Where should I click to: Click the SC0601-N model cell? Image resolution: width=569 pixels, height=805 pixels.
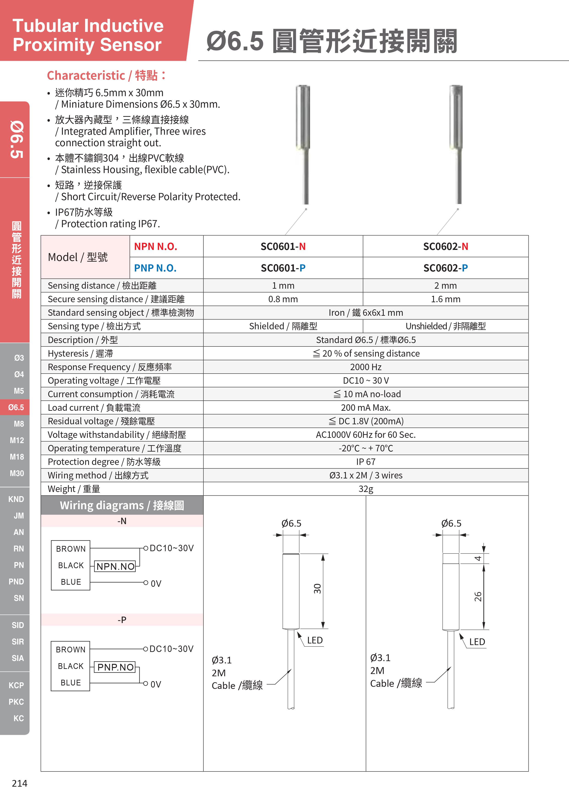point(283,246)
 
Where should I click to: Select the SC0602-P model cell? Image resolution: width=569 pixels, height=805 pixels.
point(445,268)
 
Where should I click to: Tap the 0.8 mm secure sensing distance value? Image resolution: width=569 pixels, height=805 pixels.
point(283,299)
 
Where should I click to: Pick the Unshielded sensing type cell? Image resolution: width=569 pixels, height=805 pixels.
point(445,326)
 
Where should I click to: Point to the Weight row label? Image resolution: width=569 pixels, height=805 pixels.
point(74,489)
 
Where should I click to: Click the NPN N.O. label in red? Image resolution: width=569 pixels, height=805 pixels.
point(155,246)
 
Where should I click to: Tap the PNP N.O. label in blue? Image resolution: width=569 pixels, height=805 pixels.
point(155,268)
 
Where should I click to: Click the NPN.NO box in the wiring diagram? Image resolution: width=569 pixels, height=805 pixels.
point(115,566)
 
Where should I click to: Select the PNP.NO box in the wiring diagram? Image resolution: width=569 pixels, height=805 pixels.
point(115,667)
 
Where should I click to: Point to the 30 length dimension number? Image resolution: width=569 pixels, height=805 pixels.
point(317,589)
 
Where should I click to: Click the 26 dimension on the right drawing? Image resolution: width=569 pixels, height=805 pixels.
point(478,596)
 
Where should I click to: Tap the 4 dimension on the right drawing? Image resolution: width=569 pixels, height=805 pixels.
point(478,559)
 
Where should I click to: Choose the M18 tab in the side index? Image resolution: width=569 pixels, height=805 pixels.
point(17,457)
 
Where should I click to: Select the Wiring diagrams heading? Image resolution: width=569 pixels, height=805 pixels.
point(122,505)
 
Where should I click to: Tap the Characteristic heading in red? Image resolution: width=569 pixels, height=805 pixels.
point(106,75)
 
